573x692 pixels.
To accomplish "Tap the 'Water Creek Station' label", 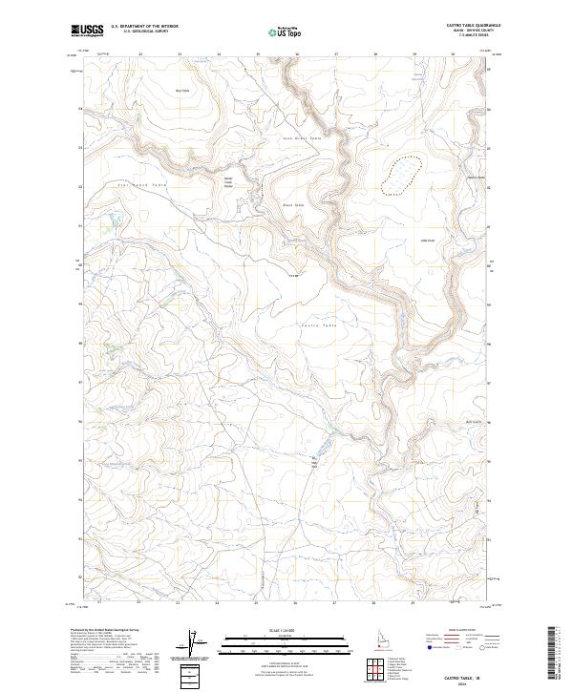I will tap(228, 181).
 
